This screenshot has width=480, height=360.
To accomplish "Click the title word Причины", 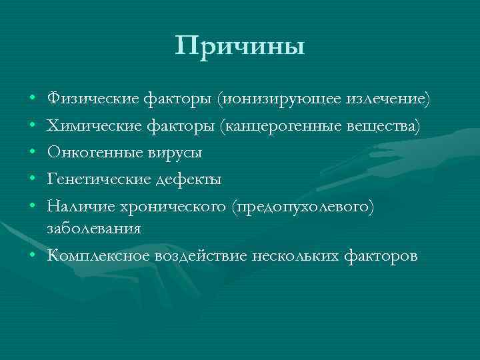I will (x=240, y=46).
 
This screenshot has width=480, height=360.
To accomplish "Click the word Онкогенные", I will (x=89, y=153).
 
